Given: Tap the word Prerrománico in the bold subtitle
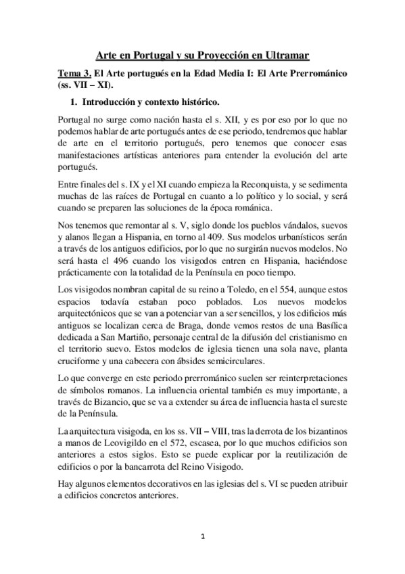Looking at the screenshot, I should click(317, 73).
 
